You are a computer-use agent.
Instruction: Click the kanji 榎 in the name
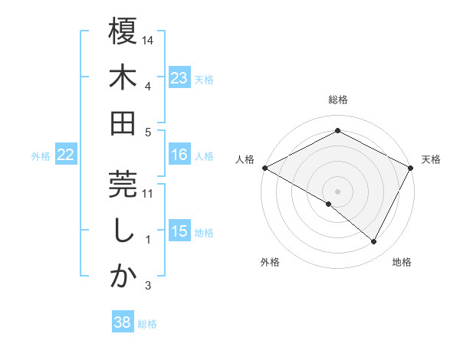123,32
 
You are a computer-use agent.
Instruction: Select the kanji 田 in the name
123,122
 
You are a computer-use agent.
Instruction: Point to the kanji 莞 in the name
123,184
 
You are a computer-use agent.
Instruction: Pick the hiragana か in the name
123,277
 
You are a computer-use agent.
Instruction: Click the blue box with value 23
179,77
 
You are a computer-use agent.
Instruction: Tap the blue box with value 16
179,155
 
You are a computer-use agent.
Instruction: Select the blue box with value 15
179,231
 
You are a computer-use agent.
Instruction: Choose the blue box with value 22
66,155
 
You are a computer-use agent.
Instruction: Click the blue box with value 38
123,322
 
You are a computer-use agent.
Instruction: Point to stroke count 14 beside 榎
148,40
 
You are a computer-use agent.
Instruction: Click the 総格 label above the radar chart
338,100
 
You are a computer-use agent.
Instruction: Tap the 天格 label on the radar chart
431,160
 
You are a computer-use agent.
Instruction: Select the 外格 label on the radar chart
270,263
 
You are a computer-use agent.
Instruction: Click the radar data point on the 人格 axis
264,167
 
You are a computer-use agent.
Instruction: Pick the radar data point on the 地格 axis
374,241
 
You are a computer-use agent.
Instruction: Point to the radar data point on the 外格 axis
329,204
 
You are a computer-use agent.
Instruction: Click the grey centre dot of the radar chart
338,191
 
